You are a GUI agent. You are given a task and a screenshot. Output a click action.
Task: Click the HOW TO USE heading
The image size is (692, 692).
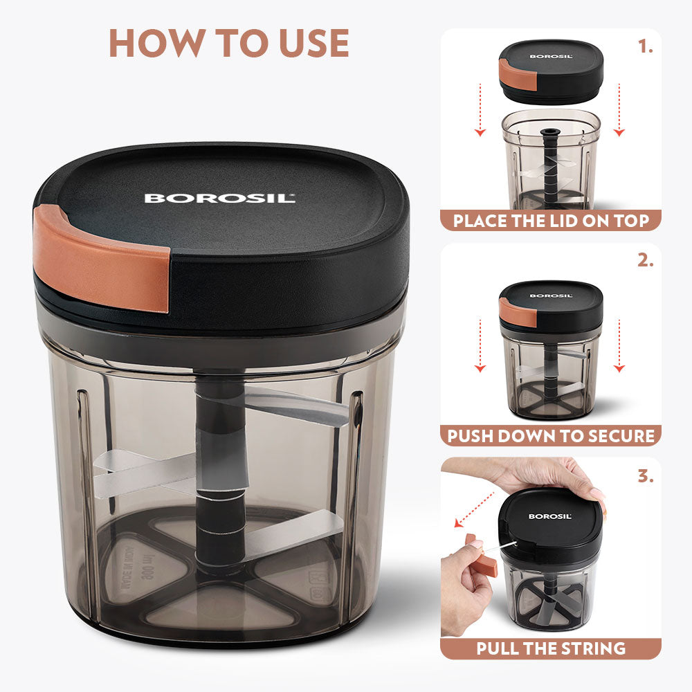[229, 43]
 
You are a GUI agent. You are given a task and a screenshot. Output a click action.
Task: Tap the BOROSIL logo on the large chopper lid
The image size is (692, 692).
[219, 199]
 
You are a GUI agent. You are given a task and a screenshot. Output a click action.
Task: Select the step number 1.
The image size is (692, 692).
[646, 47]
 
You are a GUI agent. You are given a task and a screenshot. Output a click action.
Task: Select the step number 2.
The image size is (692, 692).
[646, 261]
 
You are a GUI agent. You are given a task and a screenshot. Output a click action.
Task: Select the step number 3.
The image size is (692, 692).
[646, 475]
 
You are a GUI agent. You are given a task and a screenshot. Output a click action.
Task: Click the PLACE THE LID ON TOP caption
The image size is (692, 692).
[551, 221]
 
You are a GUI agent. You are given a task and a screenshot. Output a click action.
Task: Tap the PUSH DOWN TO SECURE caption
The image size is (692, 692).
[551, 436]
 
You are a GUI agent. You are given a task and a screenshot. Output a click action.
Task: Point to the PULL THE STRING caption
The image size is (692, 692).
[551, 648]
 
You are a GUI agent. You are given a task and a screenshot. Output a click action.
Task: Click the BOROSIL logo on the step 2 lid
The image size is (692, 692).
[551, 295]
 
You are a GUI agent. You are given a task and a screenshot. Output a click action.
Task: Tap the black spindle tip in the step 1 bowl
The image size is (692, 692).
[551, 131]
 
